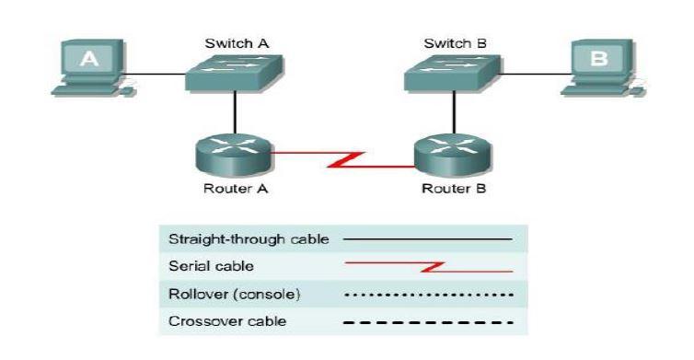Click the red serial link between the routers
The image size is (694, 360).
(343, 159)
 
